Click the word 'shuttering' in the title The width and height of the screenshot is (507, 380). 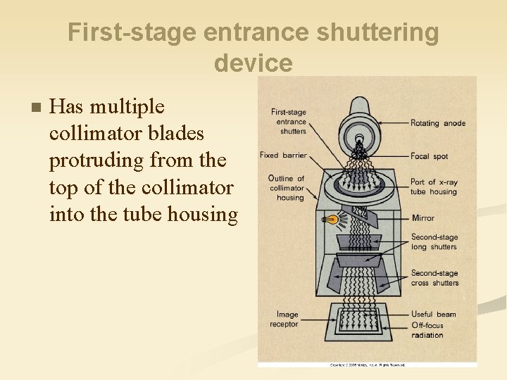point(380,32)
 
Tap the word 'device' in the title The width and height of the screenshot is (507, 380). point(254,63)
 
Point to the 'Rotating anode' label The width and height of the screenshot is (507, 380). point(438,123)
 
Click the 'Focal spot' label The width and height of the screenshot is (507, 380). point(430,156)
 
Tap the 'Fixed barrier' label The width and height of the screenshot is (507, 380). point(283,156)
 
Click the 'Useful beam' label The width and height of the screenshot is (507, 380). point(434,315)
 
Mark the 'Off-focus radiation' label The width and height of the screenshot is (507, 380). point(428,330)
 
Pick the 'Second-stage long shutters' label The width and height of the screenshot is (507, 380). point(434,242)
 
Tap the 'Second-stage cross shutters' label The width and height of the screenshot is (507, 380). point(434,278)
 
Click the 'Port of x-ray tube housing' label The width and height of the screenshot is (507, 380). point(434,187)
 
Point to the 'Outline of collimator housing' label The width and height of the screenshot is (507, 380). point(287,188)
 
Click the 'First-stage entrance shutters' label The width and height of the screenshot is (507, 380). point(289,121)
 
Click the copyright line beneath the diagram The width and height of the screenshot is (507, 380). point(367,365)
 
